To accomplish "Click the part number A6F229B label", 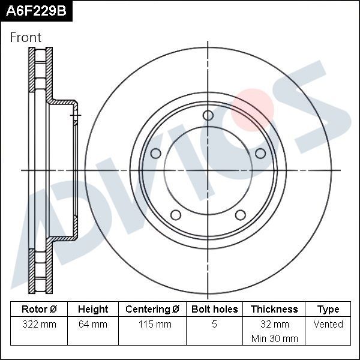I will point(35,11).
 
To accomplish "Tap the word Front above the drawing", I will point(26,37).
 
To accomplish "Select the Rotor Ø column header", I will point(39,309).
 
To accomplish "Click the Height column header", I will point(93,309).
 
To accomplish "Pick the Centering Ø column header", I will point(152,309).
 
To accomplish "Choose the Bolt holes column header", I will point(214,309).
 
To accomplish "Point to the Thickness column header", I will point(274,309).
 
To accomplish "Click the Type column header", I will point(328,309).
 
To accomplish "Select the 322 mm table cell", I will point(39,324).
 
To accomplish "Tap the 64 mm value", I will point(93,324).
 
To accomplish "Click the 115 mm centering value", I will point(152,324).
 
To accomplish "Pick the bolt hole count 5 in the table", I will point(214,324).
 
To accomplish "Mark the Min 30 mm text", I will point(274,338).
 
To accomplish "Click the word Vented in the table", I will point(328,324).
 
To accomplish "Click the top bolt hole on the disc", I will point(208,115).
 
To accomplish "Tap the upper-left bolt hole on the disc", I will point(156,153).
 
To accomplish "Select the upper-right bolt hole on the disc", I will point(260,153).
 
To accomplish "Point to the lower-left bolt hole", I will point(176,215).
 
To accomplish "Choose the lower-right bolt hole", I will point(241,215).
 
